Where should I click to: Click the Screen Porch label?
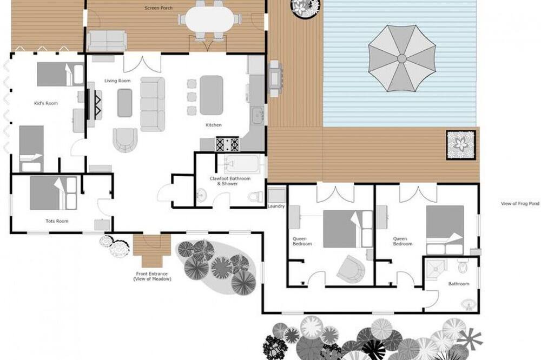point(159,8)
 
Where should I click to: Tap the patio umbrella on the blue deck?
point(402,58)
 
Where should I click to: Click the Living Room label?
point(117,81)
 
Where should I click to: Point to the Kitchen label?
point(214,125)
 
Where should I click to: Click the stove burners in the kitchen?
point(227,144)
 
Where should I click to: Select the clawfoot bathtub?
point(241,164)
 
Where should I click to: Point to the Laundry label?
point(276,206)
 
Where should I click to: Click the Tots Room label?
point(57,221)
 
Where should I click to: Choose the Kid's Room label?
point(46,103)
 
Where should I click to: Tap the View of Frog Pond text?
point(520,204)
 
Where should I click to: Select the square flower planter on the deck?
point(461,145)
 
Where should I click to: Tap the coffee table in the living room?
point(124,103)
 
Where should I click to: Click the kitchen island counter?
point(211,95)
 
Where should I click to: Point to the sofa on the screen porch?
point(107,41)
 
